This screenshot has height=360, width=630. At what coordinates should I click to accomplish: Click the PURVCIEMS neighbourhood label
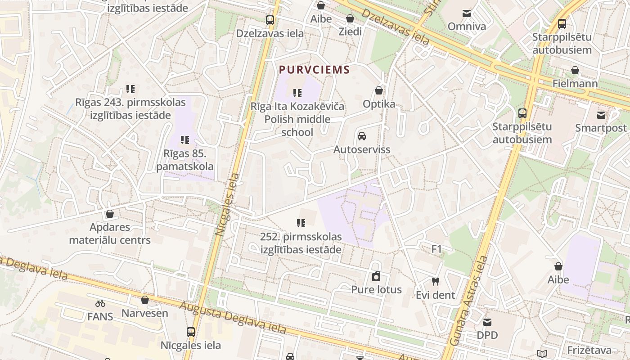(314, 70)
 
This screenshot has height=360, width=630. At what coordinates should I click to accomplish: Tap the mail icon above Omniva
(467, 13)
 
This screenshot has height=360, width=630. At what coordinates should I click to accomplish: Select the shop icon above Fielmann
(575, 70)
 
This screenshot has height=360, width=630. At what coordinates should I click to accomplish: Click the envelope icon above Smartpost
(601, 115)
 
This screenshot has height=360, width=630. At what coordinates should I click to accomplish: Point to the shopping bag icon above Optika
(379, 90)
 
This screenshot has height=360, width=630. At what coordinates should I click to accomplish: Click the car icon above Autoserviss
(361, 136)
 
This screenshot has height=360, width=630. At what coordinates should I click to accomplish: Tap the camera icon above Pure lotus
(376, 276)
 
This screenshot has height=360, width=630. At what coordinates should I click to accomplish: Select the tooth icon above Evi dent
(435, 282)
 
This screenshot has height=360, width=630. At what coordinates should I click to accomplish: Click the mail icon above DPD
(487, 322)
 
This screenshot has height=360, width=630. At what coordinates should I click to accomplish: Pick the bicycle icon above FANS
(100, 303)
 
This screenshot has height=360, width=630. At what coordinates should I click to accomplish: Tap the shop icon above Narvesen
(145, 300)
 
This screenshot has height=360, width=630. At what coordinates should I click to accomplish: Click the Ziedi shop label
(350, 31)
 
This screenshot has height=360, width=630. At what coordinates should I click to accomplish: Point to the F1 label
(436, 249)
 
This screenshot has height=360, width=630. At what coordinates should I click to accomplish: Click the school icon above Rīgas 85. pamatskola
(184, 140)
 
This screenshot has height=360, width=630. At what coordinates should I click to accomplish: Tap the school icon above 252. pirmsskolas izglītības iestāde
(301, 223)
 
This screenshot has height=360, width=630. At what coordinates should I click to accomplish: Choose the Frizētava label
(589, 350)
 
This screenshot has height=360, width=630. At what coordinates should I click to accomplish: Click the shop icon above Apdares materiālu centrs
(109, 214)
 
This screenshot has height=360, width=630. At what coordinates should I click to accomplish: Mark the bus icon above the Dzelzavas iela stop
(270, 20)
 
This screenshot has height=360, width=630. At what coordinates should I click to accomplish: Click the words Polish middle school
(297, 126)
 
